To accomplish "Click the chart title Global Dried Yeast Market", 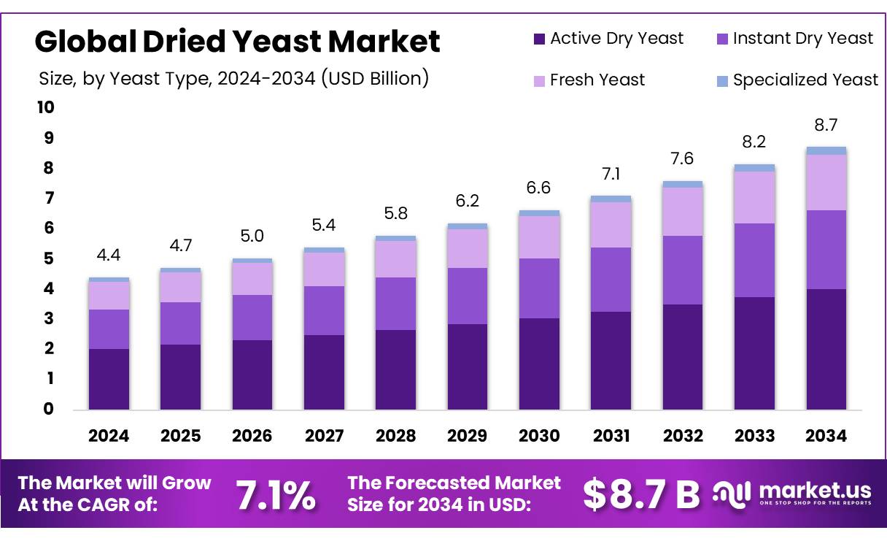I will coord(237,42).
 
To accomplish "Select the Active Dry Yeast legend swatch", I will coord(539,39).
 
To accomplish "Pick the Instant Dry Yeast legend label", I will coord(802,39).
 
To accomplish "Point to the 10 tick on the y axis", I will coord(45,108).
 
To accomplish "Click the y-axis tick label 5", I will coord(49,258).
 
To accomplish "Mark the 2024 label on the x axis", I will coord(109,436).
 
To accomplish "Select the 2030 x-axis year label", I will coord(539,436).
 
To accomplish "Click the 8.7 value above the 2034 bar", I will coord(826,126).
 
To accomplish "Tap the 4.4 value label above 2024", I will coord(109,256).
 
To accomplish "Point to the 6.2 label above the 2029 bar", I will coord(467,201).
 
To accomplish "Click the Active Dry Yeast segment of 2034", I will coord(826,349).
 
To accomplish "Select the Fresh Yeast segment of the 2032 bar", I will coord(682,212).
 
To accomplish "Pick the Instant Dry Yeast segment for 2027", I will coord(324,310).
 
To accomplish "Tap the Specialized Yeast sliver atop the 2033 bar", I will coord(754,168).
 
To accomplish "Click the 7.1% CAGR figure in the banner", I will coord(276,495).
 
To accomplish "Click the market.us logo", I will coord(791,493).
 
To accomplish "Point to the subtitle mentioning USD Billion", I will coord(233,78).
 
